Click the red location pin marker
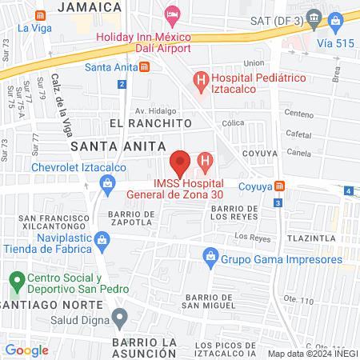pyautogui.click(x=181, y=162)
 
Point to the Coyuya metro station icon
pyautogui.click(x=279, y=186)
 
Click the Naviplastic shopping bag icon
pyautogui.click(x=102, y=239)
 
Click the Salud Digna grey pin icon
pyautogui.click(x=120, y=318)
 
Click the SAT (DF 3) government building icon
pyautogui.click(x=314, y=18)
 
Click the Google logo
pyautogui.click(x=26, y=350)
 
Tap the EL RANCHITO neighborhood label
pyautogui.click(x=151, y=124)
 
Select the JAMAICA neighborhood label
pyautogui.click(x=90, y=7)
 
